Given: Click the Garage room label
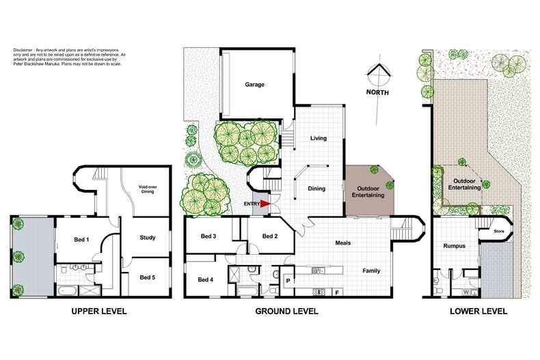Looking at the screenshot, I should tap(254, 85).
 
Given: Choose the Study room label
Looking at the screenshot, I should tap(147, 238).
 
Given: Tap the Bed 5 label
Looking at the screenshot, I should tap(148, 277).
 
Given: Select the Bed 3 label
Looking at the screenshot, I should tap(208, 236).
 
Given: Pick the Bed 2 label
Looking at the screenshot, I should tap(270, 236).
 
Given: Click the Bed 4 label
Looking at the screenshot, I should tap(206, 279).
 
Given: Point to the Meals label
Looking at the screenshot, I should tap(343, 243).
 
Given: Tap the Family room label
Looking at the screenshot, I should tap(371, 271).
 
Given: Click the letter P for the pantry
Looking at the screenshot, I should tap(288, 280).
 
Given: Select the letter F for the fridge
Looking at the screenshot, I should tap(337, 292).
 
